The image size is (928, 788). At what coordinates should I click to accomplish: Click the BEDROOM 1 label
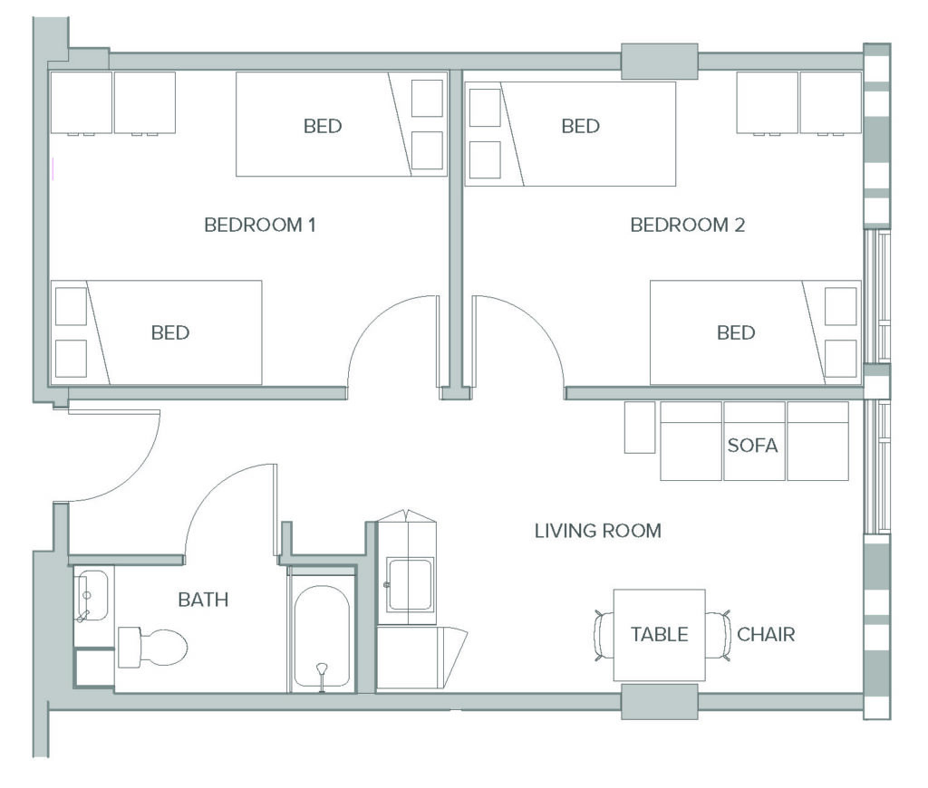pyautogui.click(x=260, y=225)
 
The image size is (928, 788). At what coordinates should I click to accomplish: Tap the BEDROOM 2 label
pyautogui.click(x=687, y=225)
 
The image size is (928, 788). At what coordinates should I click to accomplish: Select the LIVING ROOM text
pyautogui.click(x=598, y=531)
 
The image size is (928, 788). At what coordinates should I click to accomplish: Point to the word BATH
pyautogui.click(x=203, y=600)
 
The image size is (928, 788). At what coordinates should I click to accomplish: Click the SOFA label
pyautogui.click(x=752, y=445)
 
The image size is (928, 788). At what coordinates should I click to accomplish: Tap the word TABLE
pyautogui.click(x=660, y=634)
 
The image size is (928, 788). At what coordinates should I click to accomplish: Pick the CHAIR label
pyautogui.click(x=766, y=634)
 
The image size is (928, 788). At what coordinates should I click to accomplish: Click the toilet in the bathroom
pyautogui.click(x=152, y=648)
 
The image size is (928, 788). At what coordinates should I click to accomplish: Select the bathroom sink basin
pyautogui.click(x=92, y=595)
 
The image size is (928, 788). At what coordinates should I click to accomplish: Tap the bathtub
pyautogui.click(x=322, y=636)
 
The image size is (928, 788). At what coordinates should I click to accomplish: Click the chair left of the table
pyautogui.click(x=604, y=636)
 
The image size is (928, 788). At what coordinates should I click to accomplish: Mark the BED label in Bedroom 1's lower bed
pyautogui.click(x=170, y=332)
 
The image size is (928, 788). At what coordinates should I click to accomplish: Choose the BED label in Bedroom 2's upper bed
pyautogui.click(x=581, y=126)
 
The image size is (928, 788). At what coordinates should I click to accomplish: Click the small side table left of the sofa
pyautogui.click(x=640, y=428)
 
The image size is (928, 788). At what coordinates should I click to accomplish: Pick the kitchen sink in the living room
pyautogui.click(x=409, y=585)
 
